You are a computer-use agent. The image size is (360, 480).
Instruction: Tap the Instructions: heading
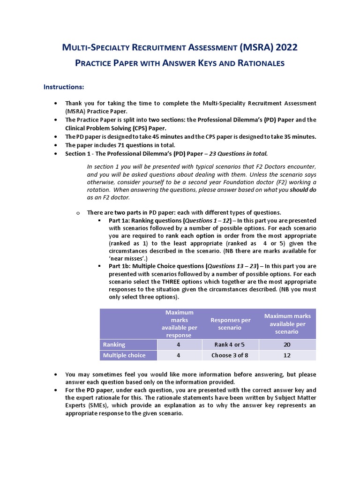pyautogui.click(x=64, y=87)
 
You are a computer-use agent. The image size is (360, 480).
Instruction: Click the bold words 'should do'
pyautogui.click(x=303, y=190)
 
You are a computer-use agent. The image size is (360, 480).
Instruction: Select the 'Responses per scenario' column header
pyautogui.click(x=230, y=324)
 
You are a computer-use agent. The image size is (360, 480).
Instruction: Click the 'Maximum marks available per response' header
pyautogui.click(x=179, y=324)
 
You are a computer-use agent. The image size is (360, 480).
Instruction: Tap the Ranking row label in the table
pyautogui.click(x=114, y=345)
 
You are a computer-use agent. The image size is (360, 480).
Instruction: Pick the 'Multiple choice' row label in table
pyautogui.click(x=124, y=355)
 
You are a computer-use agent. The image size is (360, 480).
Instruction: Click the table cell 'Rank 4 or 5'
pyautogui.click(x=230, y=345)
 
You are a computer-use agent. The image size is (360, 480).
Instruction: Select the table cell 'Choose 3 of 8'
pyautogui.click(x=230, y=355)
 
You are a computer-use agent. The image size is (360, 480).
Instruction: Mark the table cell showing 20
pyautogui.click(x=287, y=345)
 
